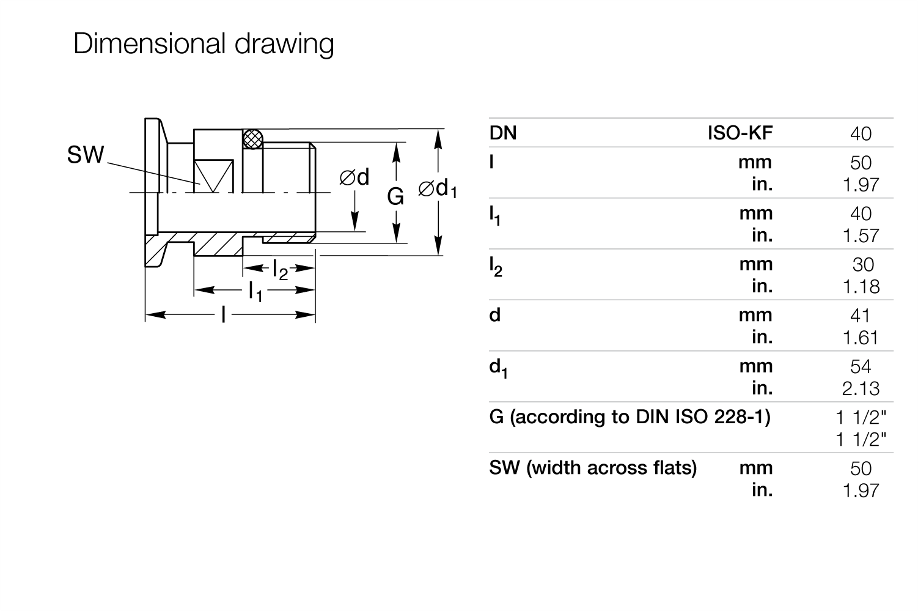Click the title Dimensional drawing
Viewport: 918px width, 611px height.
tap(204, 43)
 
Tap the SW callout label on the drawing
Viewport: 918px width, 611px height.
tap(86, 155)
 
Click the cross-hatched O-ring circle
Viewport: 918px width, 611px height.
tap(252, 139)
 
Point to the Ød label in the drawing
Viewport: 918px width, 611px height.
tap(354, 177)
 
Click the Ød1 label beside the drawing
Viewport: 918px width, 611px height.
tap(438, 189)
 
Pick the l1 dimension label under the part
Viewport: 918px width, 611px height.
tap(255, 292)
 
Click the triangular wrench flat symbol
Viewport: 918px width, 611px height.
tap(214, 176)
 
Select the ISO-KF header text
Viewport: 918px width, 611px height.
tap(740, 133)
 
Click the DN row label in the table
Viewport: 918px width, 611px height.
tap(503, 133)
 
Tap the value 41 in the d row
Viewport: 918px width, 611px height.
tap(860, 316)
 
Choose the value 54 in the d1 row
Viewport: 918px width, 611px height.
tap(860, 366)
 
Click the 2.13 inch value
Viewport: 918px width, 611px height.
tap(861, 388)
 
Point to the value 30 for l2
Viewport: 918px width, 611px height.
tap(863, 265)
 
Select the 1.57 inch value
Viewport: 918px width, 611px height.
tap(861, 236)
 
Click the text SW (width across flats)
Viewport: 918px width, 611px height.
tap(593, 468)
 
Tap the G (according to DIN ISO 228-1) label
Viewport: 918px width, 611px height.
tap(630, 417)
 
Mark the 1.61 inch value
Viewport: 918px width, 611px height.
tap(860, 338)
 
